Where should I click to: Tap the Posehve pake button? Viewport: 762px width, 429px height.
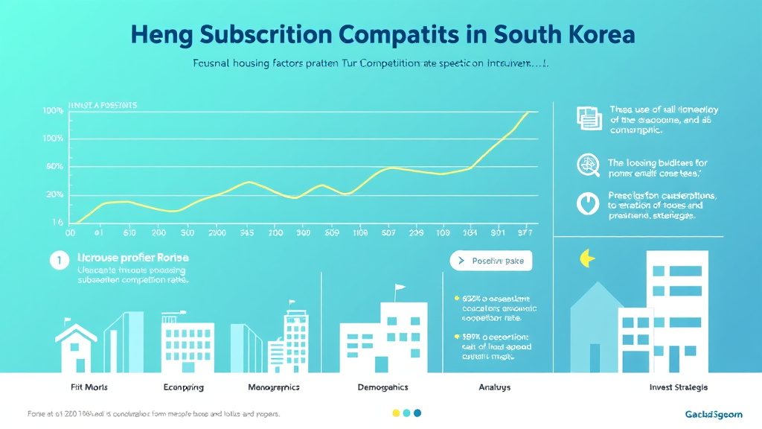[490, 261]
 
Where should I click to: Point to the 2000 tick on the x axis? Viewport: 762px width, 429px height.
[217, 232]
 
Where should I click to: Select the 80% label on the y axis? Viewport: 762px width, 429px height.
[54, 167]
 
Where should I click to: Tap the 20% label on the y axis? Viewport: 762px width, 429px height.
[54, 194]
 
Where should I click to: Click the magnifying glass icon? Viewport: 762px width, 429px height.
[589, 165]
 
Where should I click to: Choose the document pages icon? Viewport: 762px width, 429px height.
[588, 118]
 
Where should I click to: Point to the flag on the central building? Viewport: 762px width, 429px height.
[400, 287]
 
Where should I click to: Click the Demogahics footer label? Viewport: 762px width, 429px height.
[382, 387]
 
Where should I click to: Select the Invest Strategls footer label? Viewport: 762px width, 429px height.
[678, 387]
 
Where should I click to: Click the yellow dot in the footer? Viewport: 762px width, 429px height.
[395, 413]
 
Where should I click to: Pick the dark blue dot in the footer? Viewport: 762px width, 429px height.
[417, 413]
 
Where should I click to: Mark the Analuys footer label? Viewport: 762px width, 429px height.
[493, 387]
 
